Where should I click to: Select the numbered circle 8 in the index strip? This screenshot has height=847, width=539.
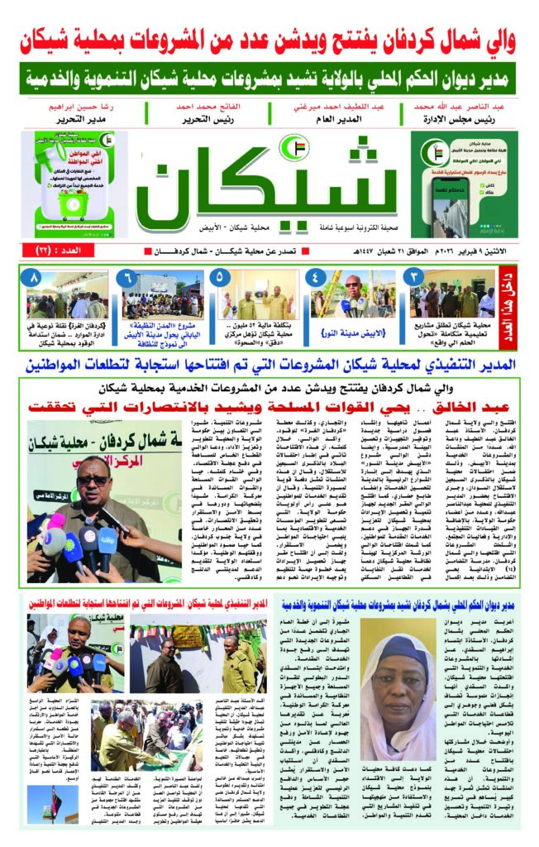click(x=33, y=277)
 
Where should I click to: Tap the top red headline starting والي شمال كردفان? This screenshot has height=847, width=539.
click(x=269, y=36)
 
